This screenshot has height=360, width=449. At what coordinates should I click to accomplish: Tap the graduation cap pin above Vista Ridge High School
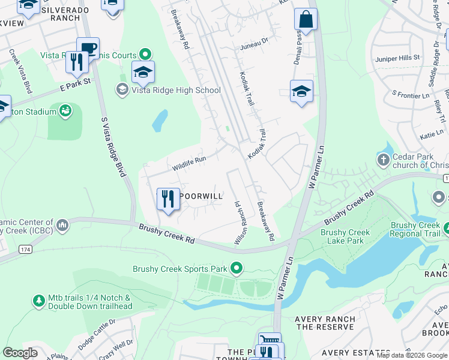pos(143,73)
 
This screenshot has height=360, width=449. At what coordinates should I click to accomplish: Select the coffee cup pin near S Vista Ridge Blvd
pos(88,48)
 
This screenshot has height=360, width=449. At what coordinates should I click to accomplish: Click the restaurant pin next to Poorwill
pos(169,199)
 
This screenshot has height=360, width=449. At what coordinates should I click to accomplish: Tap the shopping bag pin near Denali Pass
pos(306,19)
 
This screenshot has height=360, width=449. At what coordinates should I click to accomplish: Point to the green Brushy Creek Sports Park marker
pos(237,268)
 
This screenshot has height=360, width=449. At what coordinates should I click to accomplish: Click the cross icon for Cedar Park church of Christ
pos(383,160)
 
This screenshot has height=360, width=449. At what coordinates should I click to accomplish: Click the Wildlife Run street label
pos(189,163)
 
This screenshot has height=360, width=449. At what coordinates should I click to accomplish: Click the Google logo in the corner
pos(20,352)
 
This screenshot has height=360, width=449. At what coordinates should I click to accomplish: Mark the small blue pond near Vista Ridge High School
pos(160,121)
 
